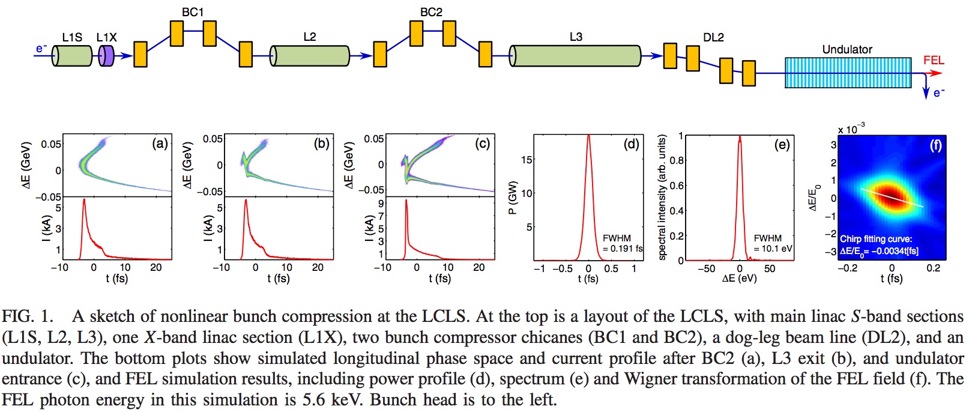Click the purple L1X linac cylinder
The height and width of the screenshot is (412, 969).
(x=106, y=56)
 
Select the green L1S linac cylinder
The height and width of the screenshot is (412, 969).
(x=72, y=56)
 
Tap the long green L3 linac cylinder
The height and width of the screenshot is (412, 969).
(x=576, y=56)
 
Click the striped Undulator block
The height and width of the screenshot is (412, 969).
(x=848, y=73)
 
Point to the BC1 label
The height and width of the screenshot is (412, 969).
(x=193, y=12)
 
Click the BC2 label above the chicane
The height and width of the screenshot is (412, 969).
(x=431, y=12)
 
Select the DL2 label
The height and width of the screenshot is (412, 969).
(x=713, y=37)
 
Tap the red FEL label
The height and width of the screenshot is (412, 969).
(x=934, y=61)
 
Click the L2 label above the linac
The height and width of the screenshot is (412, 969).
(x=309, y=37)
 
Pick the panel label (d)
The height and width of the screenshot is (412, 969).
(x=632, y=144)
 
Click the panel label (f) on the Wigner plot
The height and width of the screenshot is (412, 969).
(x=936, y=145)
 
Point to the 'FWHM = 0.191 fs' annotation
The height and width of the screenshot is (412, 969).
(x=622, y=243)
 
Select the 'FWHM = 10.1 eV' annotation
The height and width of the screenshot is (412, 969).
(x=772, y=243)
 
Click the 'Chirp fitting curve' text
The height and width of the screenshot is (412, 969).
(x=876, y=239)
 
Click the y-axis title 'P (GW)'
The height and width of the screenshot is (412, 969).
(x=512, y=198)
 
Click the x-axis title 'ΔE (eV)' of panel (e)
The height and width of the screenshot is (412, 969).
(x=739, y=279)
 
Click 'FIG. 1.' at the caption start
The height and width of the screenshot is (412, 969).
(x=28, y=317)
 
